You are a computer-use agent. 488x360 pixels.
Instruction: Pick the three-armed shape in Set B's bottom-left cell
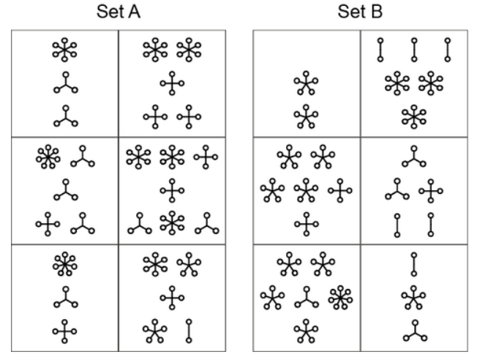pyautogui.click(x=307, y=299)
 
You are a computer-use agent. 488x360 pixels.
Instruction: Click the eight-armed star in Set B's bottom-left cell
pyautogui.click(x=339, y=299)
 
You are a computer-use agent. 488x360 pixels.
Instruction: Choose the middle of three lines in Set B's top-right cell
pyautogui.click(x=413, y=49)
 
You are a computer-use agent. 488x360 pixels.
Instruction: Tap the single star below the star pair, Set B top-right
pyautogui.click(x=413, y=114)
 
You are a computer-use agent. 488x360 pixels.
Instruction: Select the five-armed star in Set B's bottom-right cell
pyautogui.click(x=413, y=297)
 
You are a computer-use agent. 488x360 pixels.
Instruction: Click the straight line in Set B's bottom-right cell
pyautogui.click(x=413, y=263)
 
